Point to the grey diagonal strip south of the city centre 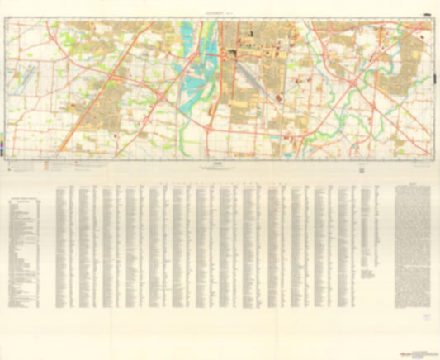pos(253,79)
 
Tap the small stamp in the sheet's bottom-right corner pos(426,316)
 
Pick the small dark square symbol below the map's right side pos(361,168)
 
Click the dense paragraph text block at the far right pos(413,239)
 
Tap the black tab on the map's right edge pos(433,79)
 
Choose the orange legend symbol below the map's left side pos(47,163)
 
